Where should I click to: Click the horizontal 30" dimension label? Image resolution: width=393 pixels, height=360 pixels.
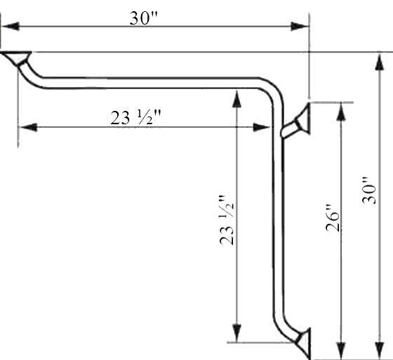point(144,18)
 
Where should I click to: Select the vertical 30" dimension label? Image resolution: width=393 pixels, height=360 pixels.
point(369,191)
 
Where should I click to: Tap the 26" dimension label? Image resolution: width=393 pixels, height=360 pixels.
point(333,218)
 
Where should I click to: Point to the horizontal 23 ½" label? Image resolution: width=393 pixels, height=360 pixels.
point(135,118)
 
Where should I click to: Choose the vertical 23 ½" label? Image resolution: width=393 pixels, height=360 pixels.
point(227,220)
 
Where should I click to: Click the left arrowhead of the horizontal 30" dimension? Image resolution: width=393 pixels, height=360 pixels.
point(11,27)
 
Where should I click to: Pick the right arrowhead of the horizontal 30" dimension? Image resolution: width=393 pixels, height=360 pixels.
point(299,27)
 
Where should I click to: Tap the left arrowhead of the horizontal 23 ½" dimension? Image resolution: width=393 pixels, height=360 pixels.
point(28,127)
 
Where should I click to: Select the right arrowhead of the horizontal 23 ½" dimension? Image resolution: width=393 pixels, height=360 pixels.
point(262,127)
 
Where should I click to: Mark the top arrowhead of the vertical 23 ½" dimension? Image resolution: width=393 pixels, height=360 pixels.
point(237,99)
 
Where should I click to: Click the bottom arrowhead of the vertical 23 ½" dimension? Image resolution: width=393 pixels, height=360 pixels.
point(237,333)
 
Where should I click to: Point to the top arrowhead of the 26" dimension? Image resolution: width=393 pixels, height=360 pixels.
point(341,112)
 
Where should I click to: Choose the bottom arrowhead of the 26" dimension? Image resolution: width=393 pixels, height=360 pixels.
point(341,350)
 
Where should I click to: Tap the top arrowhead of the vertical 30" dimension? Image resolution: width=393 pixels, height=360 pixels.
point(380,62)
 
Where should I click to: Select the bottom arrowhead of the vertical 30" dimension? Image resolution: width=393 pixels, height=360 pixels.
point(380,350)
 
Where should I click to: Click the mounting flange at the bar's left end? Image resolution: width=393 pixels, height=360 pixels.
point(16,57)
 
